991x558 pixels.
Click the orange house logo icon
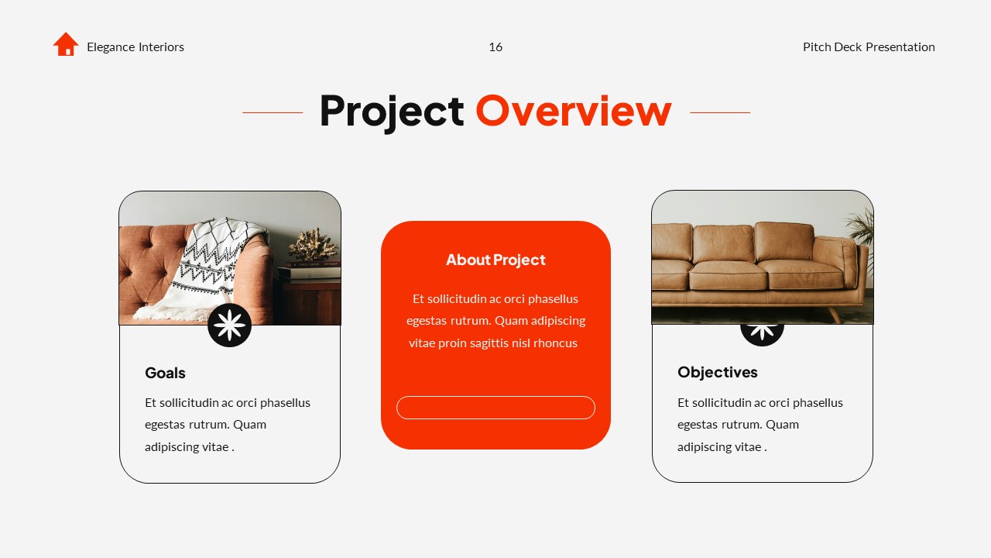click(x=66, y=44)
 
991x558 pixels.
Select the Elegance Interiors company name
click(x=135, y=47)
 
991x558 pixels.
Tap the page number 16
click(x=495, y=47)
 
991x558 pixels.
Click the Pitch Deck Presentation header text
click(x=869, y=47)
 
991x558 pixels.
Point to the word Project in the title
click(x=391, y=112)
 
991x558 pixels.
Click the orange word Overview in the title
click(x=573, y=112)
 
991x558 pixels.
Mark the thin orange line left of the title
click(x=273, y=112)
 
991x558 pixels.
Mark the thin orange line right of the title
click(x=720, y=112)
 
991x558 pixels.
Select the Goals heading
click(x=165, y=373)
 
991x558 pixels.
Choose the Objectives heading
click(x=718, y=372)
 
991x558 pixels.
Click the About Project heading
click(x=495, y=260)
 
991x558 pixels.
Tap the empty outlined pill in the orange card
click(x=495, y=408)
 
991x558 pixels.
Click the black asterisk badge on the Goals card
click(x=230, y=325)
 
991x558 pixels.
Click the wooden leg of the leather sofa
click(x=835, y=315)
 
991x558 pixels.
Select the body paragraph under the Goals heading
click(x=228, y=425)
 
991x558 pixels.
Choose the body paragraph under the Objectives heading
click(x=760, y=425)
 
